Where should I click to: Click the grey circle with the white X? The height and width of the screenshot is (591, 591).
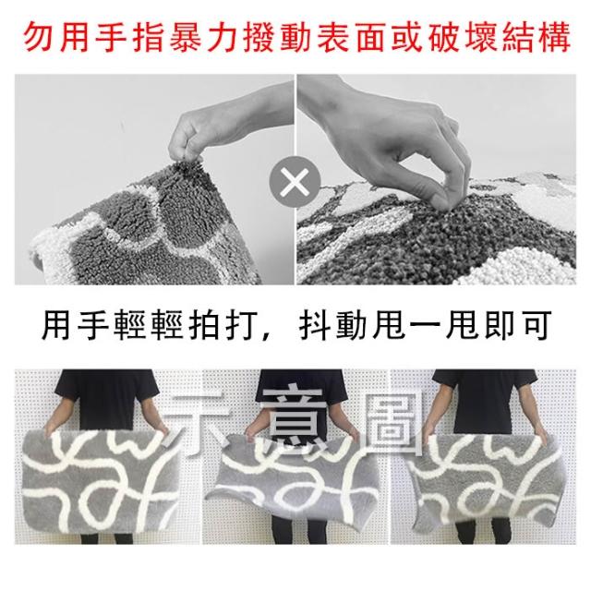[295, 182]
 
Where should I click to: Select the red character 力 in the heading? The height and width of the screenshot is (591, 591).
[222, 38]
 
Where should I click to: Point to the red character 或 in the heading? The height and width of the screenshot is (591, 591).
[406, 38]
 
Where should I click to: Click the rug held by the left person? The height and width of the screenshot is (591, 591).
[101, 482]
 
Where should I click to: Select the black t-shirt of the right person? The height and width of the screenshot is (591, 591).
[486, 400]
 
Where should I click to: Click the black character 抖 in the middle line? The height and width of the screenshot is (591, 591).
[314, 325]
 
